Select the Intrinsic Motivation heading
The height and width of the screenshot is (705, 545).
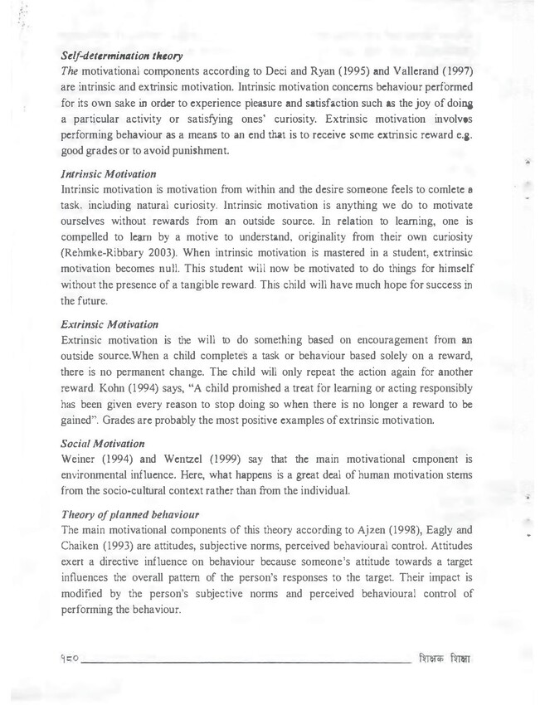tap(109, 175)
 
